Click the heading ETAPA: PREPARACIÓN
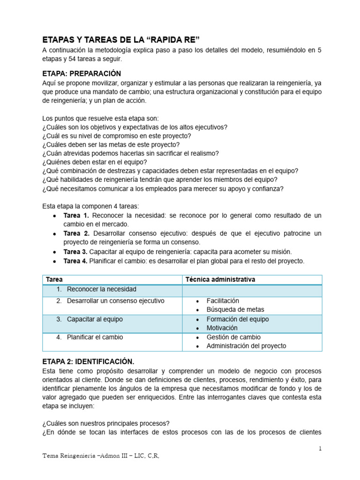tap(82, 74)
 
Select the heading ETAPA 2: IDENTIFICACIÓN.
tap(88, 361)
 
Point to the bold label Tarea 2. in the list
tap(76, 233)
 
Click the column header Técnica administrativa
tap(220, 279)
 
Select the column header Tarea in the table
tap(54, 279)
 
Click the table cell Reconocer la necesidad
tap(101, 289)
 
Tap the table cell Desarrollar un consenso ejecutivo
tap(115, 301)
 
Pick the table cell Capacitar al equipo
tap(95, 319)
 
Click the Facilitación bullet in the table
tap(223, 301)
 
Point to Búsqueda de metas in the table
tap(235, 309)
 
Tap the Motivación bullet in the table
tap(222, 328)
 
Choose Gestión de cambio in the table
tap(233, 337)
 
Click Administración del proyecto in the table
tap(246, 346)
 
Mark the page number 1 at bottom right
tap(320, 449)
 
